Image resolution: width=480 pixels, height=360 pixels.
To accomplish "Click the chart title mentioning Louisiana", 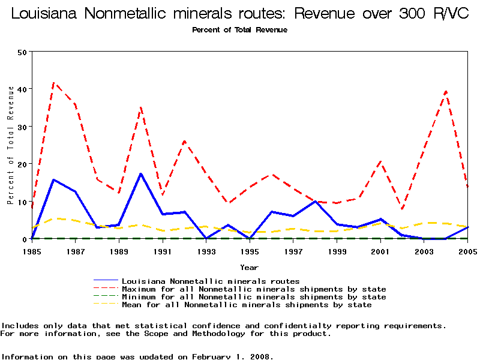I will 240,14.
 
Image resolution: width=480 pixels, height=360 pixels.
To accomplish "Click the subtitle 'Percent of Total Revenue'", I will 239,30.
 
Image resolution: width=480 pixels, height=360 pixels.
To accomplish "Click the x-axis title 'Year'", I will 249,267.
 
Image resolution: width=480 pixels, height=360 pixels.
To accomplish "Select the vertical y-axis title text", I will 10,145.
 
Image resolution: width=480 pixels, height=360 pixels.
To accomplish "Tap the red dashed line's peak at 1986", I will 54,83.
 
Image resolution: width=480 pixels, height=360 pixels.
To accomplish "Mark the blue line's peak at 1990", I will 140,174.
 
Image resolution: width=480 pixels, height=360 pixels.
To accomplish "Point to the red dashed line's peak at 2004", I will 446,91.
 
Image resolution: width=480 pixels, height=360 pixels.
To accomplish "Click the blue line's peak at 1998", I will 315,201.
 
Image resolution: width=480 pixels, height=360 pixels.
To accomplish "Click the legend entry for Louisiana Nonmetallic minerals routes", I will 210,281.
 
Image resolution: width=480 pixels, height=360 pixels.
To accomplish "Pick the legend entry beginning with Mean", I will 246,305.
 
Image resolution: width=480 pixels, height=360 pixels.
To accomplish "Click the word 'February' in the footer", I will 214,356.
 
